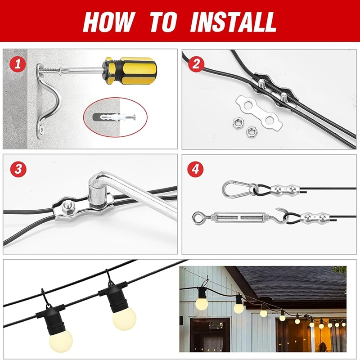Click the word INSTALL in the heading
(x=233, y=21)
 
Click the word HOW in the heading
(x=108, y=21)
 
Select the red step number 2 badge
(x=196, y=64)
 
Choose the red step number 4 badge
(x=196, y=169)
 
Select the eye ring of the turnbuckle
(x=198, y=218)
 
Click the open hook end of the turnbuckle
(x=283, y=213)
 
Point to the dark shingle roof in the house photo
(x=292, y=281)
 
